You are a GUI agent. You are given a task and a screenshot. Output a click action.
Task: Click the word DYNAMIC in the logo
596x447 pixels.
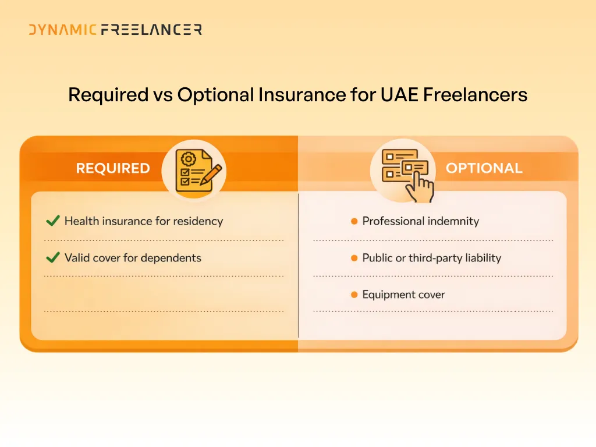pyautogui.click(x=63, y=30)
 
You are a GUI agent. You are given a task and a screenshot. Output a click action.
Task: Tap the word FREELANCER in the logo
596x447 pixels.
pyautogui.click(x=151, y=30)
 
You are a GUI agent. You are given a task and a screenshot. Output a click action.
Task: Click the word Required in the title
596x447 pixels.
pyautogui.click(x=108, y=94)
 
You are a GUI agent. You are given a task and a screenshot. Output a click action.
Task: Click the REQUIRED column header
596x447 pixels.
pyautogui.click(x=113, y=168)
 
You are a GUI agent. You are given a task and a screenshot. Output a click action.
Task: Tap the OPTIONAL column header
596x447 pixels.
pyautogui.click(x=484, y=168)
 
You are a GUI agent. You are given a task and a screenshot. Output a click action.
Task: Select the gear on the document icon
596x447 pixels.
pyautogui.click(x=189, y=159)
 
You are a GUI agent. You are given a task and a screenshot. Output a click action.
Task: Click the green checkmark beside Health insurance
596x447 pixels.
pyautogui.click(x=52, y=221)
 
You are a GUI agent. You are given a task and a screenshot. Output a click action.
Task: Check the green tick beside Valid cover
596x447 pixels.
pyautogui.click(x=52, y=258)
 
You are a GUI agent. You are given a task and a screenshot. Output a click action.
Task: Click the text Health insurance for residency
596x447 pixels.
pyautogui.click(x=143, y=221)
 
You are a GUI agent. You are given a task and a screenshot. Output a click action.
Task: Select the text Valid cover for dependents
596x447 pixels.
pyautogui.click(x=133, y=258)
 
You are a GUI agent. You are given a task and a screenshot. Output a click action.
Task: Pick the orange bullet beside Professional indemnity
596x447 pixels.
pyautogui.click(x=354, y=221)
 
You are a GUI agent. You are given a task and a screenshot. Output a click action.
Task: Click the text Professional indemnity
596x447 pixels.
pyautogui.click(x=420, y=221)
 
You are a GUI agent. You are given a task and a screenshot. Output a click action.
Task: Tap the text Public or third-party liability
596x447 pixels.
pyautogui.click(x=431, y=258)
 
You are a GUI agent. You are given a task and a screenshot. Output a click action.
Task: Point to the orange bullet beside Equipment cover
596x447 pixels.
pyautogui.click(x=354, y=295)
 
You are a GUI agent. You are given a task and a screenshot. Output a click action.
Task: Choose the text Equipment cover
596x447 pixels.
pyautogui.click(x=403, y=295)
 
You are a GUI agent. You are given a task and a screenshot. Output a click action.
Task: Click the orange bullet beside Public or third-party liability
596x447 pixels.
pyautogui.click(x=354, y=258)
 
